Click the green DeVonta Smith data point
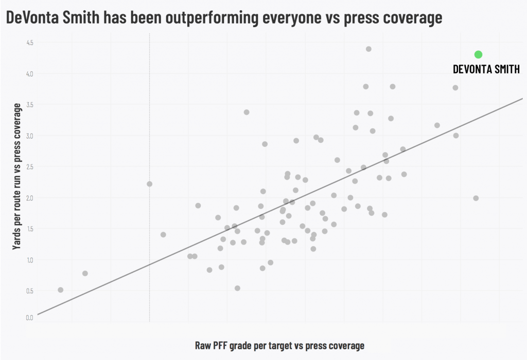pyautogui.click(x=478, y=54)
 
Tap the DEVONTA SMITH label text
pyautogui.click(x=486, y=69)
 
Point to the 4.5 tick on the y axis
pyautogui.click(x=29, y=43)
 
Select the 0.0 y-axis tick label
pyautogui.click(x=29, y=318)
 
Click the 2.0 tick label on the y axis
pyautogui.click(x=29, y=198)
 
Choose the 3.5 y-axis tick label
pyautogui.click(x=29, y=105)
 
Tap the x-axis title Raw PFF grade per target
pyautogui.click(x=279, y=346)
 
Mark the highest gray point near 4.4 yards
pyautogui.click(x=368, y=49)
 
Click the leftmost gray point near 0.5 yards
pyautogui.click(x=60, y=290)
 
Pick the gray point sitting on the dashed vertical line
pyautogui.click(x=149, y=184)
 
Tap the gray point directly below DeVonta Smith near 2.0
pyautogui.click(x=476, y=198)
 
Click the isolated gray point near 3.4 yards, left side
pyautogui.click(x=246, y=112)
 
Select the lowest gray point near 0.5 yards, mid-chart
pyautogui.click(x=237, y=288)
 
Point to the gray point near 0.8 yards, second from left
pyautogui.click(x=85, y=273)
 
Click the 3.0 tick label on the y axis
pyautogui.click(x=29, y=136)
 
